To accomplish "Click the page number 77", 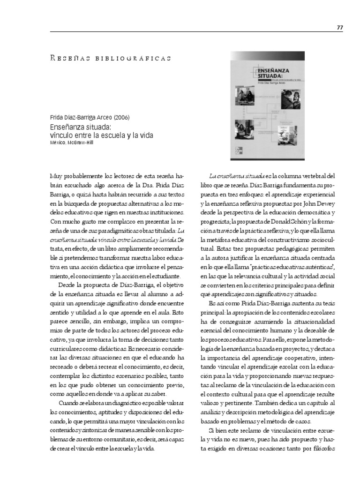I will point(340,28).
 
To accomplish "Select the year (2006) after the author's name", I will point(121,117).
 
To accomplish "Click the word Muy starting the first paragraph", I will point(56,176).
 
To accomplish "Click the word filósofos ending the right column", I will point(323,448).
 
